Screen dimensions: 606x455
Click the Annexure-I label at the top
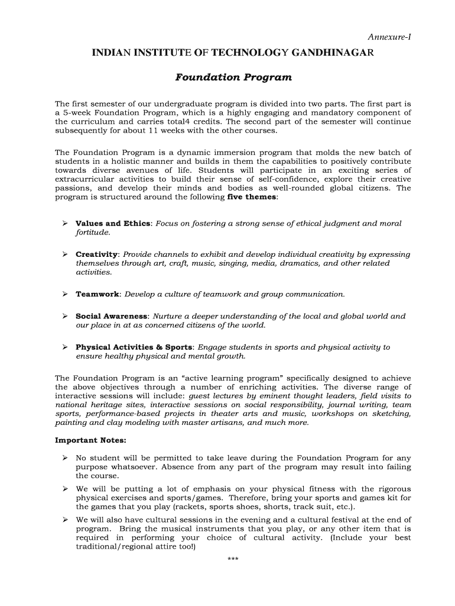click(x=389, y=37)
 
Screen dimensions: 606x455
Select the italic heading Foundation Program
click(x=233, y=78)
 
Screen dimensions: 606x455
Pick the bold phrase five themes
click(x=252, y=197)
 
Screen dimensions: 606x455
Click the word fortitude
click(x=92, y=233)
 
